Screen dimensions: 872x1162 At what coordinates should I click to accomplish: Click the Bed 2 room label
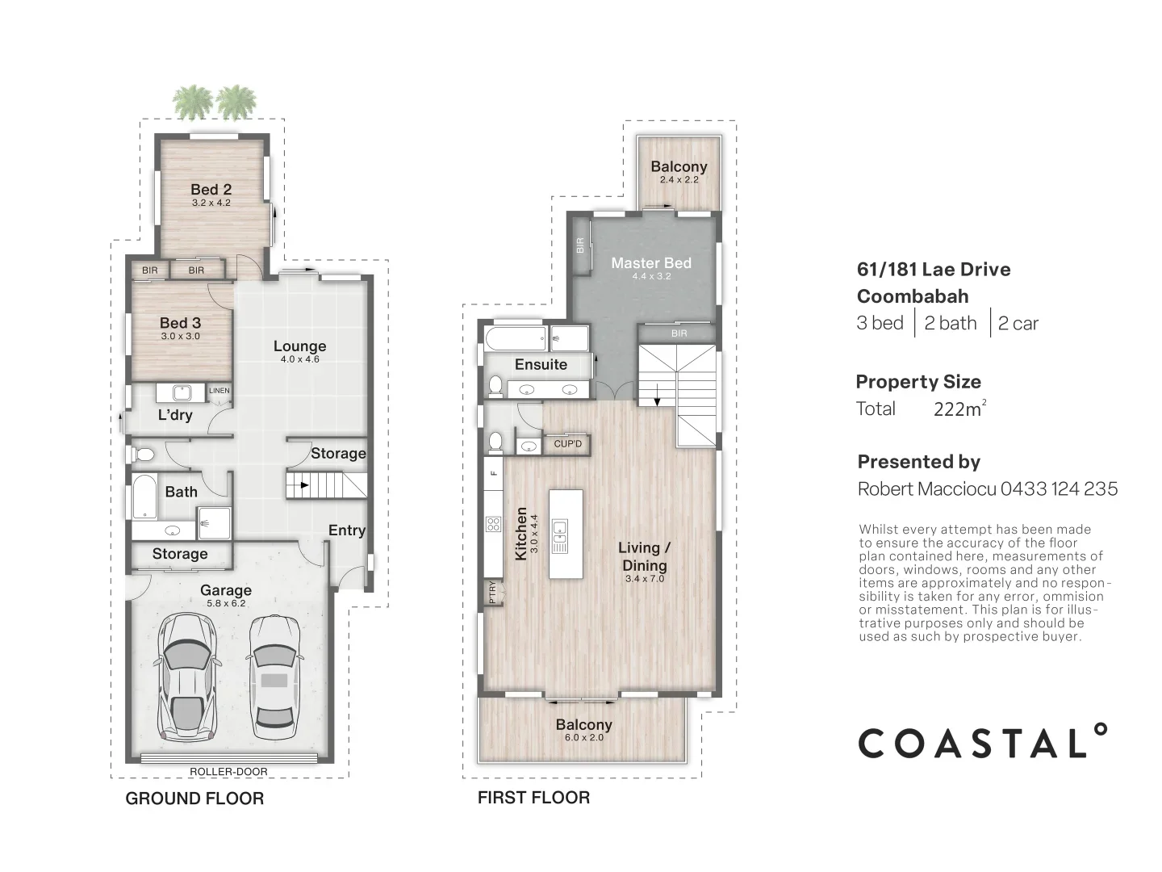pos(211,190)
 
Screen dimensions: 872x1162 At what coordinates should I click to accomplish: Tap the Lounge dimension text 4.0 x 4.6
pos(299,359)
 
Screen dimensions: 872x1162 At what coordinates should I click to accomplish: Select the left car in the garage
pos(188,677)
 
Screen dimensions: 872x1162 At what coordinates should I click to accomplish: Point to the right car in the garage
pos(273,677)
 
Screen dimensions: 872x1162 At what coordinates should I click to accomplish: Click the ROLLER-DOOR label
pos(228,772)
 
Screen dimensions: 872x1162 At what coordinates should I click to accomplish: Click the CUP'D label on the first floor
pos(568,444)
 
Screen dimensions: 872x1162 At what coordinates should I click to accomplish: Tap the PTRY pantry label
pos(492,593)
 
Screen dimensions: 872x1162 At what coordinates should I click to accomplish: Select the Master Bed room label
pos(650,262)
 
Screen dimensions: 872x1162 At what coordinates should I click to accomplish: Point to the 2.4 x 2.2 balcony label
pos(679,180)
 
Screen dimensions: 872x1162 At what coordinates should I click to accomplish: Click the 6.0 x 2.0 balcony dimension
pos(583,737)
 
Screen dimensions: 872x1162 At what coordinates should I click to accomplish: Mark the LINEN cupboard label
pos(219,391)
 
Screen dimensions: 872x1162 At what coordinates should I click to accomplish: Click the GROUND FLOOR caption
pos(194,799)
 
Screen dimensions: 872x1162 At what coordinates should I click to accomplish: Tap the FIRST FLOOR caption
pos(533,798)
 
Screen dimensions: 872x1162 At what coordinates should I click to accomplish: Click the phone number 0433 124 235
pos(1059,488)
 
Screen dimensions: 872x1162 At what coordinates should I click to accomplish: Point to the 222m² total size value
pos(959,409)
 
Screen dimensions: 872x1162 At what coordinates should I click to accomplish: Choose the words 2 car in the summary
pos(1018,324)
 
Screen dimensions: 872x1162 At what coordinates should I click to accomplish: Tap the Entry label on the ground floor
pos(346,530)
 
